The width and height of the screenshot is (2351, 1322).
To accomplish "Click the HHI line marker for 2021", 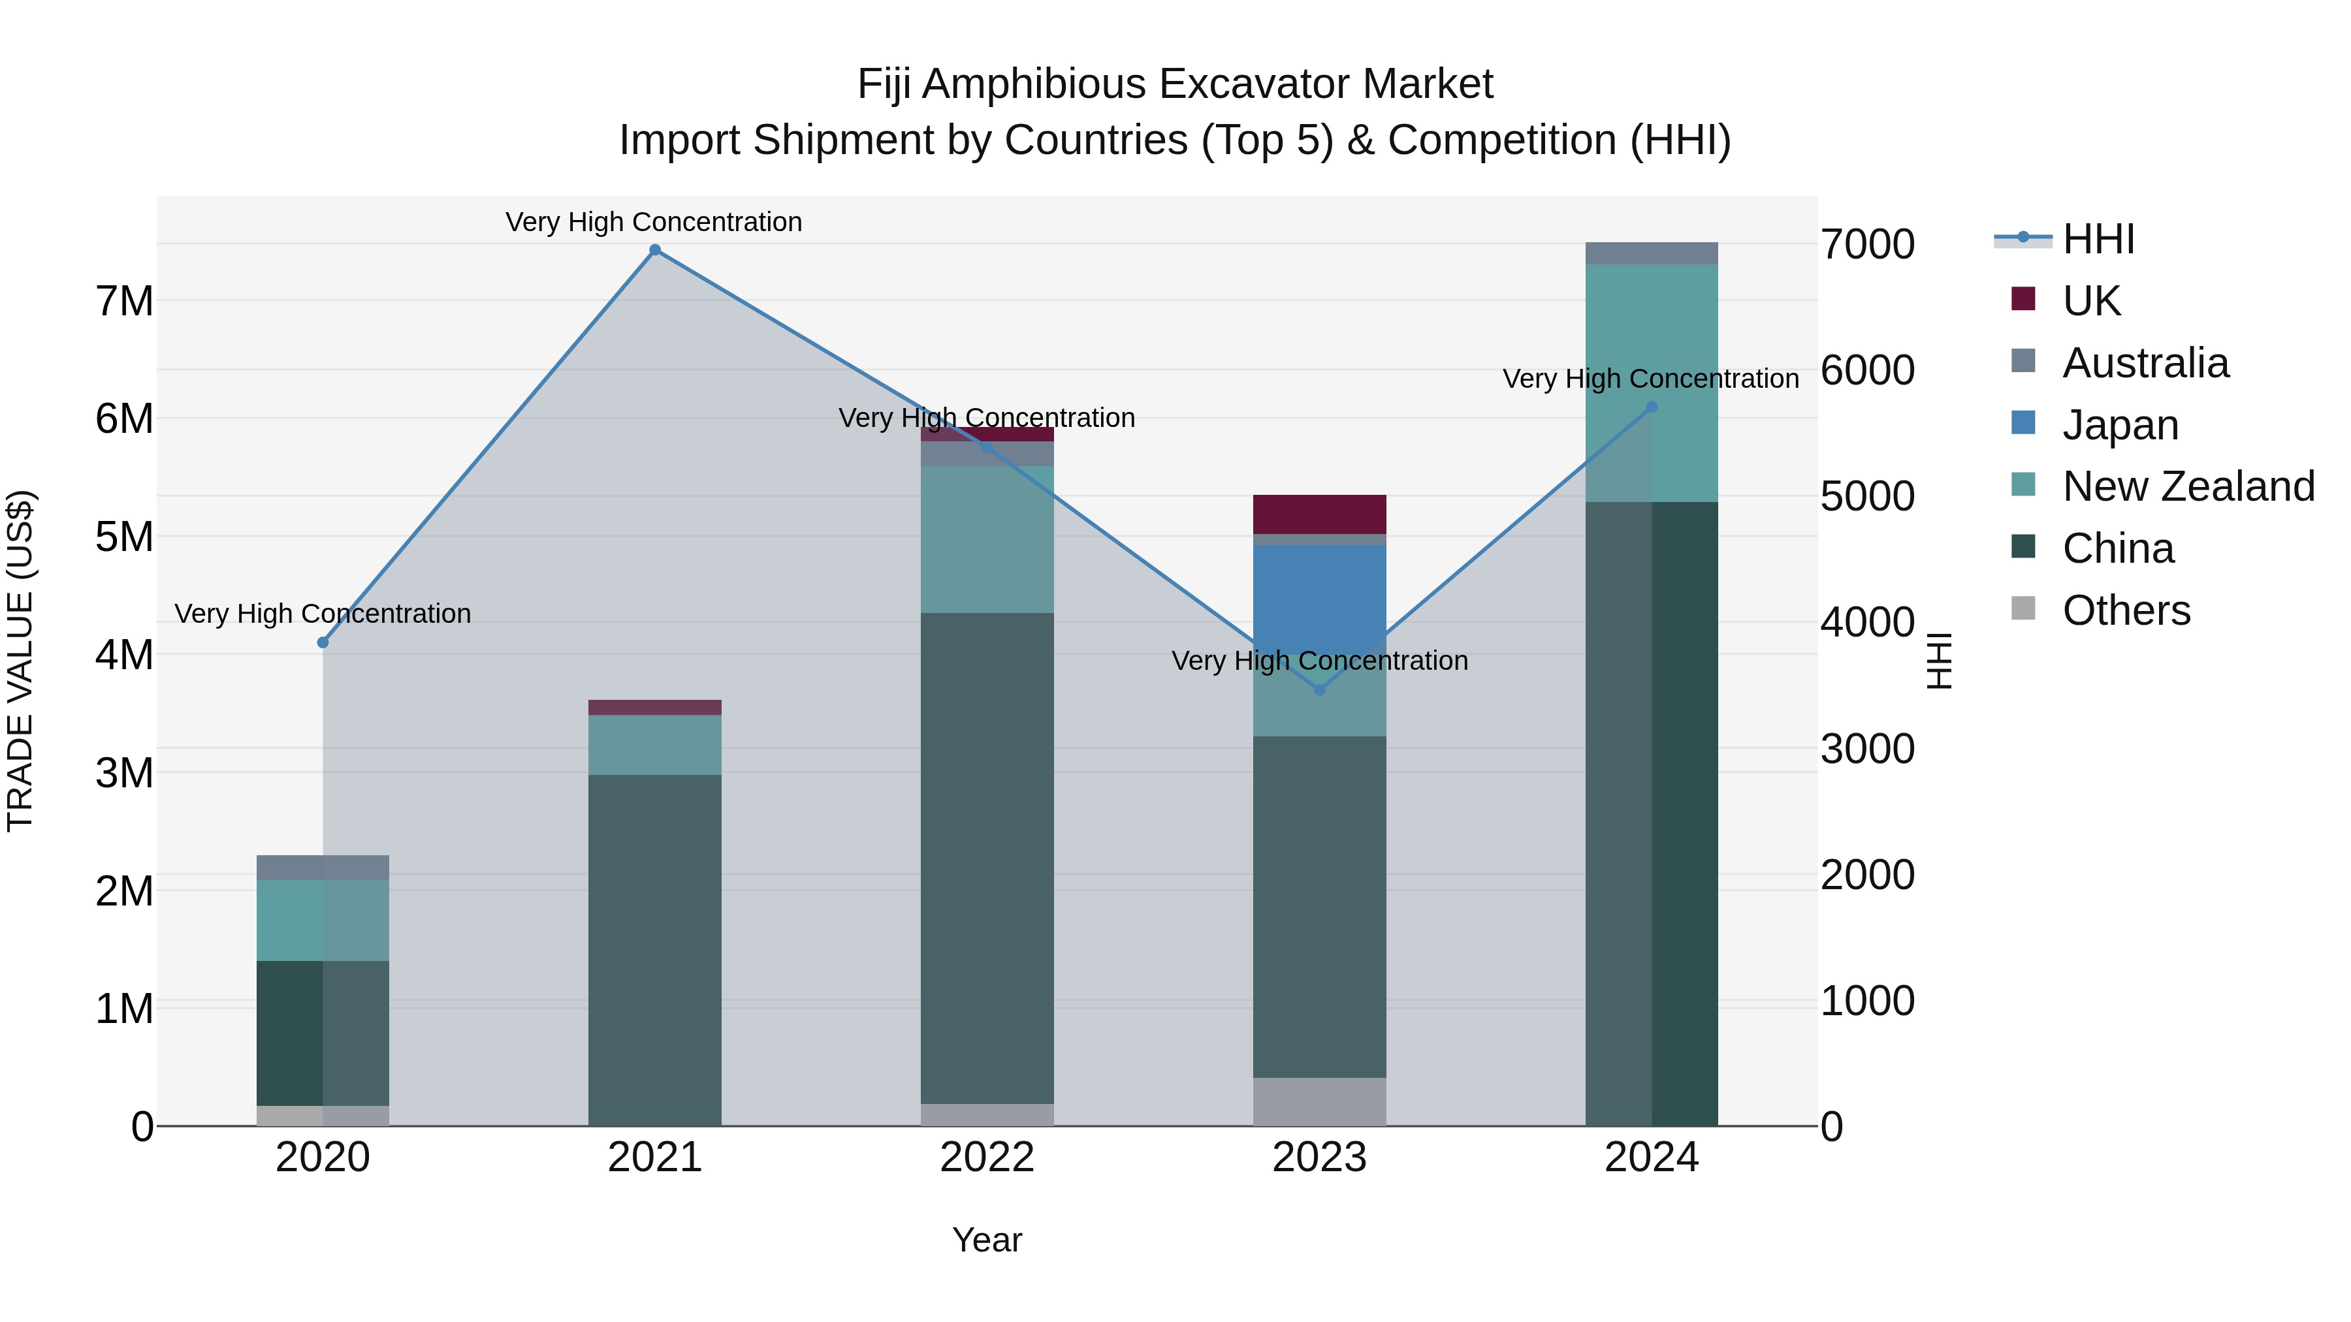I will [x=654, y=250].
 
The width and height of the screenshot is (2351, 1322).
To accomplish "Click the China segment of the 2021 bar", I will [x=654, y=949].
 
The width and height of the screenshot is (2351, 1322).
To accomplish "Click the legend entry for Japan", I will [x=2120, y=425].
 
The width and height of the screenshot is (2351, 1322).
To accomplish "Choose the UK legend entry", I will [x=2091, y=301].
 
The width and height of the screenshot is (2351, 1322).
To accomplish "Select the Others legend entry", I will [x=2126, y=610].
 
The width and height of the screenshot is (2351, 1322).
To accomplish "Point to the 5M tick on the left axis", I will [x=124, y=537].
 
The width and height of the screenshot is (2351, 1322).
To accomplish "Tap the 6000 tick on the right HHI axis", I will [x=1867, y=370].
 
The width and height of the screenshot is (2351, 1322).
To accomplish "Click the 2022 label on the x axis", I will [x=987, y=1157].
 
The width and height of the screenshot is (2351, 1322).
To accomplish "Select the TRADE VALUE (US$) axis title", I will [x=20, y=661].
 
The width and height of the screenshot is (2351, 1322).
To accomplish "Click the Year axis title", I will [x=987, y=1240].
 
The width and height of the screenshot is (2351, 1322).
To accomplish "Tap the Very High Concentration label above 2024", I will [x=1650, y=379].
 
